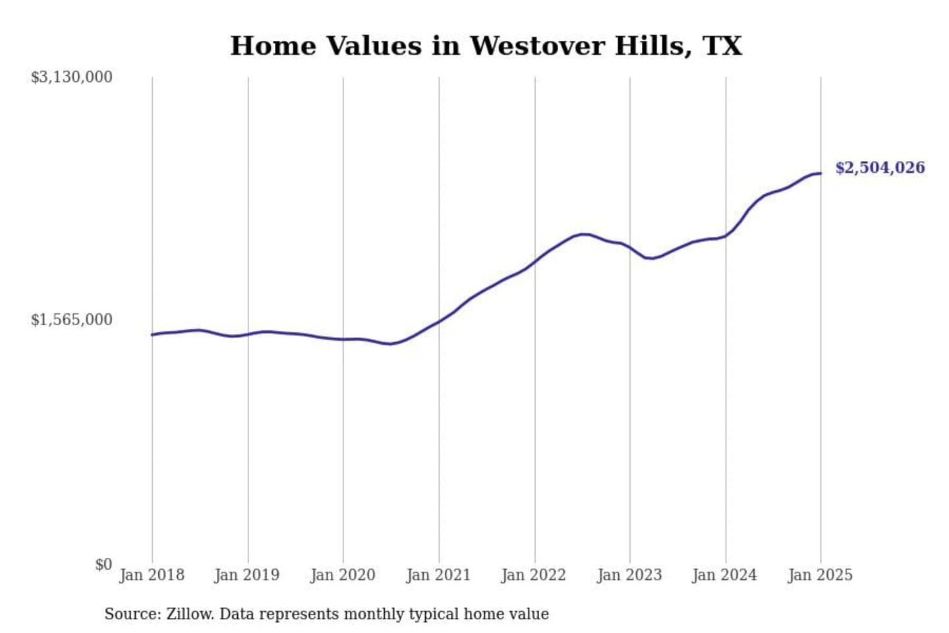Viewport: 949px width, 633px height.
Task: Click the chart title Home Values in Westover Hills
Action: pos(486,46)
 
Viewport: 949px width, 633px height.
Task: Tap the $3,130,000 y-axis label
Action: pos(71,77)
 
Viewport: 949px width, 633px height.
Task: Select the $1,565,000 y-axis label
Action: pos(71,320)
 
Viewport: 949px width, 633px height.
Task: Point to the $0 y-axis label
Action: pos(103,564)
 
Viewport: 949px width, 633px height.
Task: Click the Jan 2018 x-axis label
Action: pos(152,575)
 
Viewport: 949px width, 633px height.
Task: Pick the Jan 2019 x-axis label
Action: pos(247,575)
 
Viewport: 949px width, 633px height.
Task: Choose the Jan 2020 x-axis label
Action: pos(343,575)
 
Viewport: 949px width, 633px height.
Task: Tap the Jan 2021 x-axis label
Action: pos(438,575)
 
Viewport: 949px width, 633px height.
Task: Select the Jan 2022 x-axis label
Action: pos(534,575)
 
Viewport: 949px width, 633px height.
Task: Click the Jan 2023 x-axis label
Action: pos(629,575)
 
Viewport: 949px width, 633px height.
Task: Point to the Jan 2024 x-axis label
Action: pos(725,575)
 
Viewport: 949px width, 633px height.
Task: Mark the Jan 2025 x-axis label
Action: pos(820,575)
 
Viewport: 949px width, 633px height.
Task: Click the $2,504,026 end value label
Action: pos(880,167)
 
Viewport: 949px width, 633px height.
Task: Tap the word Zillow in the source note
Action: pos(189,614)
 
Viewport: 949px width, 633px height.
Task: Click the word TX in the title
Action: pos(722,46)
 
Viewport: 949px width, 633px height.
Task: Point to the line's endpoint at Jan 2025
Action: pos(820,173)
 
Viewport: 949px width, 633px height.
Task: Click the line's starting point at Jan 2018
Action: pos(152,335)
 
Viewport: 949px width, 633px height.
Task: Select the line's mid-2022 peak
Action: pos(583,234)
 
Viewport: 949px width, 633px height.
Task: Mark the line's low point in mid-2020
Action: pos(391,344)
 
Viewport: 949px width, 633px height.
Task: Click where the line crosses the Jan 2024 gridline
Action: pos(726,236)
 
